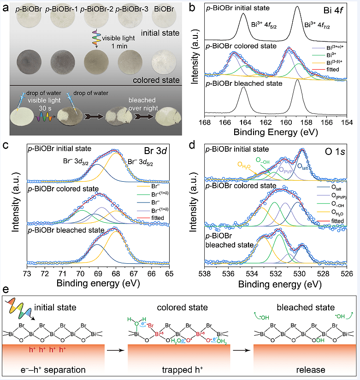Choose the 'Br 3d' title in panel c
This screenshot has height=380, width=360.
point(165,149)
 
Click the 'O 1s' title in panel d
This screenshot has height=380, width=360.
point(342,149)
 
